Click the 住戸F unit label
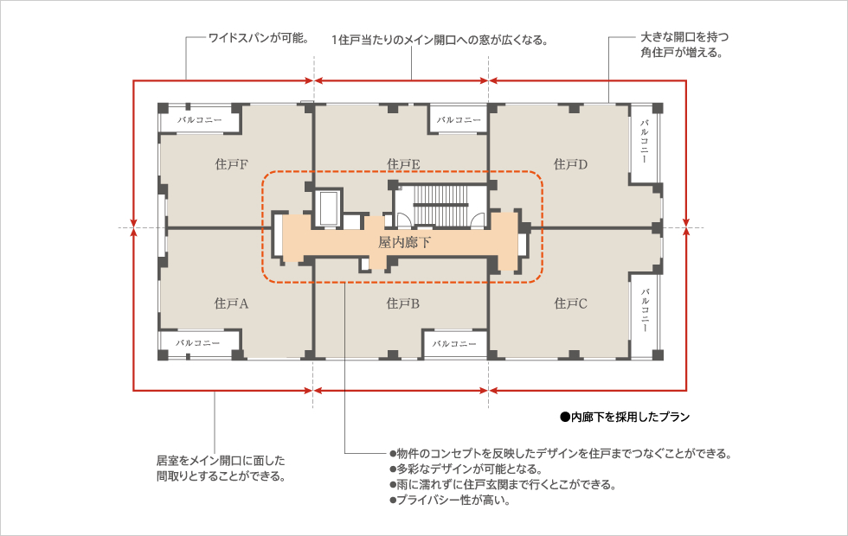232,164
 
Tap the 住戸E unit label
403,164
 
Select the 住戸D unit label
570,164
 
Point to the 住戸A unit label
232,303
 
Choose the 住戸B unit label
403,303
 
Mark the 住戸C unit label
570,303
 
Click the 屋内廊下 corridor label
404,243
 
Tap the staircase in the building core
440,204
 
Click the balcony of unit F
200,120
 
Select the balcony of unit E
459,120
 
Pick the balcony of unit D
644,143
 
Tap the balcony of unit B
455,344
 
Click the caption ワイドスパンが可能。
259,38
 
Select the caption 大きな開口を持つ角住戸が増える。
684,45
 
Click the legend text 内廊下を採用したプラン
625,417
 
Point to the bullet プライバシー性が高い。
450,501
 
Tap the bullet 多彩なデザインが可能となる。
466,469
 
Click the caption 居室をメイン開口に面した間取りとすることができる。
221,469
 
